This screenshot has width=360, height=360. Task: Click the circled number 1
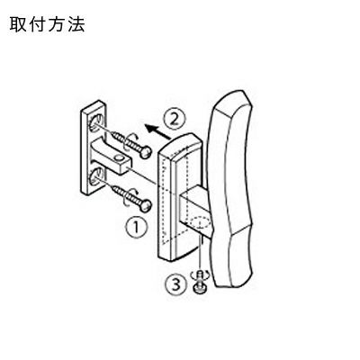[137, 228]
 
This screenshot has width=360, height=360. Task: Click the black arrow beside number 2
[157, 132]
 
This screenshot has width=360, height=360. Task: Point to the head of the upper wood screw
[146, 152]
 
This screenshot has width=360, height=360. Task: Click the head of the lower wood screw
[146, 206]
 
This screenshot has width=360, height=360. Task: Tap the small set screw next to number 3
[198, 282]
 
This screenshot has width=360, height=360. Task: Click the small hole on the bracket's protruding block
[120, 157]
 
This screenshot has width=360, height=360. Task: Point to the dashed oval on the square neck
[201, 223]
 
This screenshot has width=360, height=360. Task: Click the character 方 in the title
[57, 24]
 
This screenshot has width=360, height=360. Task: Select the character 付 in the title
[38, 24]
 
